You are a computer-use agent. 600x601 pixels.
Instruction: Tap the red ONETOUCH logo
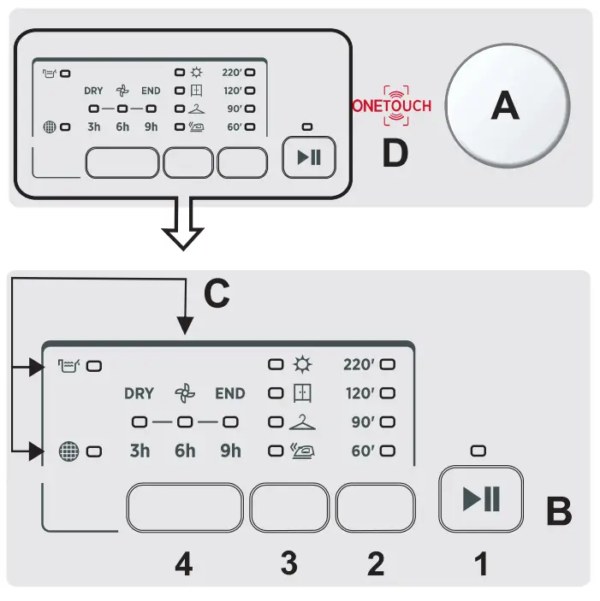point(392,105)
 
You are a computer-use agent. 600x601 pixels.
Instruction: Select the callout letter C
point(217,293)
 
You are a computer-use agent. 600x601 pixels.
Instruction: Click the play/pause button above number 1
point(481,499)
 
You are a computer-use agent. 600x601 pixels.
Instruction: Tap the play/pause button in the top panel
point(308,158)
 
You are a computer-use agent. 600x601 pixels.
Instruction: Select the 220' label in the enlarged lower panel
point(359,365)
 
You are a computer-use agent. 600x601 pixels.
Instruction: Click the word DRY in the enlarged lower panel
point(139,394)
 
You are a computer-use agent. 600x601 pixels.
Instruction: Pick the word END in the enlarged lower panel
point(229,394)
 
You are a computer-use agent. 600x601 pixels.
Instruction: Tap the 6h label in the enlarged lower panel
point(185,451)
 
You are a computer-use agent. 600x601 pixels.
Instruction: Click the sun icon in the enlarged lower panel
point(302,365)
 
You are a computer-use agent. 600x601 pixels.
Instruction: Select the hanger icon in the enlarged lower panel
point(302,421)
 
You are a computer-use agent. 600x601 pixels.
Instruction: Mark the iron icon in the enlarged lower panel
point(302,451)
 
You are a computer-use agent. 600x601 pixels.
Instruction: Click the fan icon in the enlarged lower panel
point(185,394)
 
